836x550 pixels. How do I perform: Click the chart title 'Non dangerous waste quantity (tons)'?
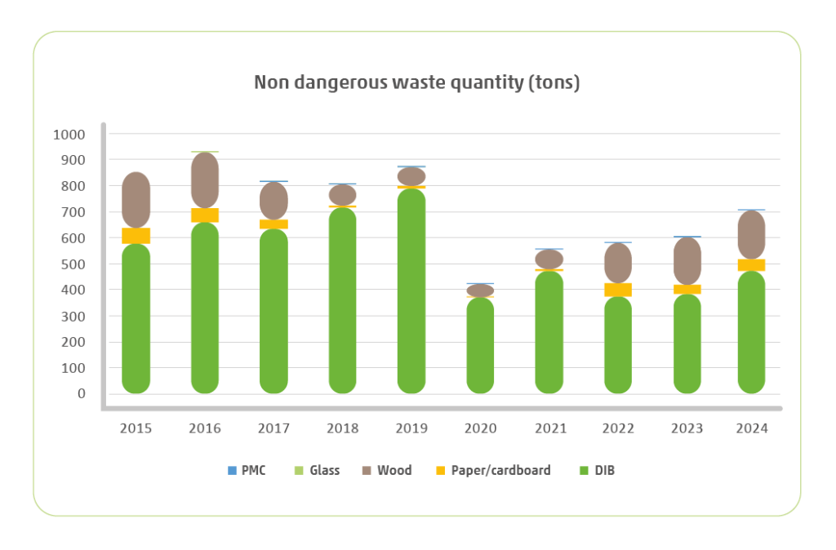point(416,83)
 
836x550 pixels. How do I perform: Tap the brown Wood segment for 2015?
point(136,200)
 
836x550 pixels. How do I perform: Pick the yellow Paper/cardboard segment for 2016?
point(205,215)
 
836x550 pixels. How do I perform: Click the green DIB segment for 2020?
point(480,346)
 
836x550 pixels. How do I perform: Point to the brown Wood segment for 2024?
point(751,235)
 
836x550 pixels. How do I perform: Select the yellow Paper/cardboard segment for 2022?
point(617,290)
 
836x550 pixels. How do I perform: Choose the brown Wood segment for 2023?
point(687,261)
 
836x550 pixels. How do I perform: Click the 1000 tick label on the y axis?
point(68,135)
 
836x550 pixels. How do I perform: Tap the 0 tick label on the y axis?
point(82,393)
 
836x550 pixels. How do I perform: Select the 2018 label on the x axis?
point(342,428)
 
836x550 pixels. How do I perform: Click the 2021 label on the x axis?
point(549,428)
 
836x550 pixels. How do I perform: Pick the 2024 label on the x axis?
point(751,428)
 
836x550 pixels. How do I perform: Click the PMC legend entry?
point(249,470)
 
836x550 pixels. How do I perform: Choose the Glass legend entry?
point(318,470)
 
